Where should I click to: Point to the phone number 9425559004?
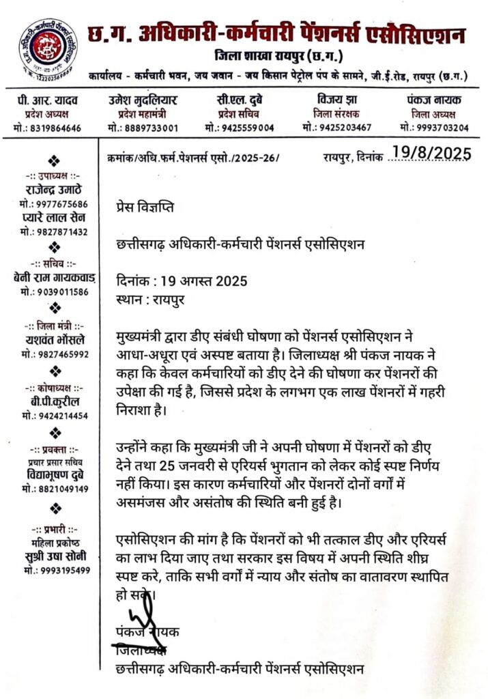click(x=240, y=128)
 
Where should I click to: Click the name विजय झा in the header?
click(x=336, y=100)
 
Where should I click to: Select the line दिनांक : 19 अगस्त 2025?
click(x=182, y=281)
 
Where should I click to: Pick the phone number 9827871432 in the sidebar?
click(x=54, y=232)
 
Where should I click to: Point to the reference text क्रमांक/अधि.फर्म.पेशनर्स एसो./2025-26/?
click(x=189, y=158)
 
